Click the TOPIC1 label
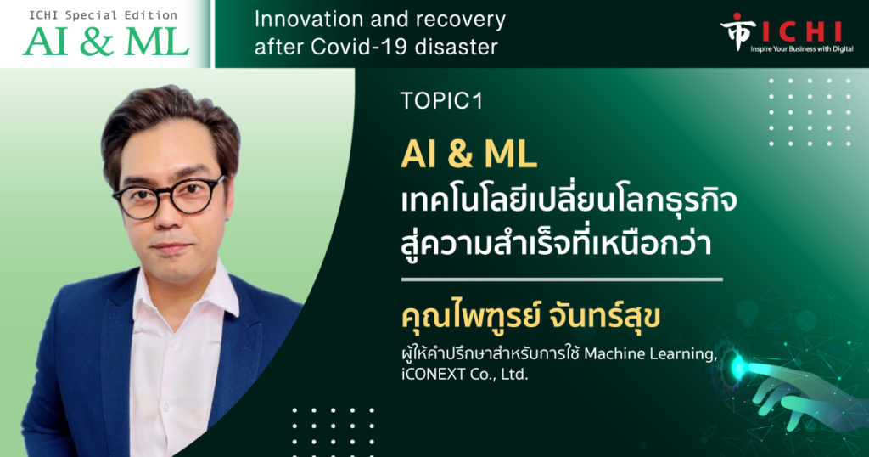tap(441, 100)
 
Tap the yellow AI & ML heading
tap(468, 154)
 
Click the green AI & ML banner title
tap(106, 41)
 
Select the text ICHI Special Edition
tap(103, 15)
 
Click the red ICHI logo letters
tap(802, 32)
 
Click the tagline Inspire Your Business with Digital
tap(802, 49)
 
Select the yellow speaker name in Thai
tap(530, 317)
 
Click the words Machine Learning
tap(650, 354)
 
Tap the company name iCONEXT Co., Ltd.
tap(464, 375)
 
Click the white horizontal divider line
tap(562, 279)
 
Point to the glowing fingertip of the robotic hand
tap(739, 365)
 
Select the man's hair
tap(170, 127)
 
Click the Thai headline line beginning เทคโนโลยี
tap(569, 202)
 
